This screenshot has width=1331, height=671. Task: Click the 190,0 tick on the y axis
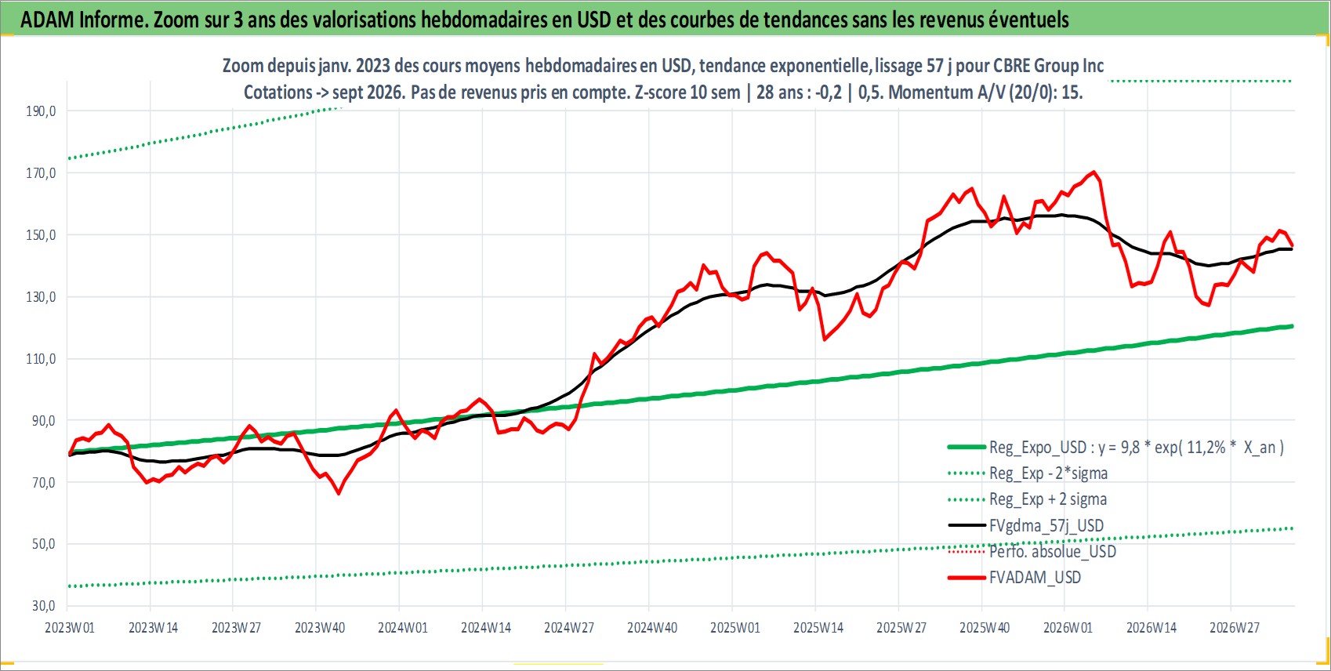tap(41, 111)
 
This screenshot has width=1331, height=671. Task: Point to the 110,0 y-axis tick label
tap(41, 358)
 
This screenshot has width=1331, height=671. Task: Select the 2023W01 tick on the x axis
tap(70, 628)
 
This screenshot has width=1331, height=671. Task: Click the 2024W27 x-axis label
tap(569, 628)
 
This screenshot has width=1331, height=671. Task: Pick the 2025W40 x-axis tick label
tap(985, 628)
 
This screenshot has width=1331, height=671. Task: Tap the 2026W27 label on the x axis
tap(1234, 628)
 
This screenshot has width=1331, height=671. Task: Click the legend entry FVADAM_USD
tap(1035, 577)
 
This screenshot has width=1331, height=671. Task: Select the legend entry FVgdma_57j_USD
tap(1046, 525)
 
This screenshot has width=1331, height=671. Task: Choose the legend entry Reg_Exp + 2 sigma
tap(1047, 499)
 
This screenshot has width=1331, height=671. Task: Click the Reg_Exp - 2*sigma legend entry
tap(1048, 473)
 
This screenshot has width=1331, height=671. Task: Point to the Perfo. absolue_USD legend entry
tap(1052, 552)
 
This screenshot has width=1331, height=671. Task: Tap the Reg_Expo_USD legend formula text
tap(1136, 447)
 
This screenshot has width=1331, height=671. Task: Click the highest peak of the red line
tap(1094, 172)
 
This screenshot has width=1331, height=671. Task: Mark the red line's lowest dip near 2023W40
tap(339, 493)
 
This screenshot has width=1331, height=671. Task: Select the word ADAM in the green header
tap(47, 20)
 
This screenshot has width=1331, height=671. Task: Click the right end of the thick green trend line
tap(1292, 326)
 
